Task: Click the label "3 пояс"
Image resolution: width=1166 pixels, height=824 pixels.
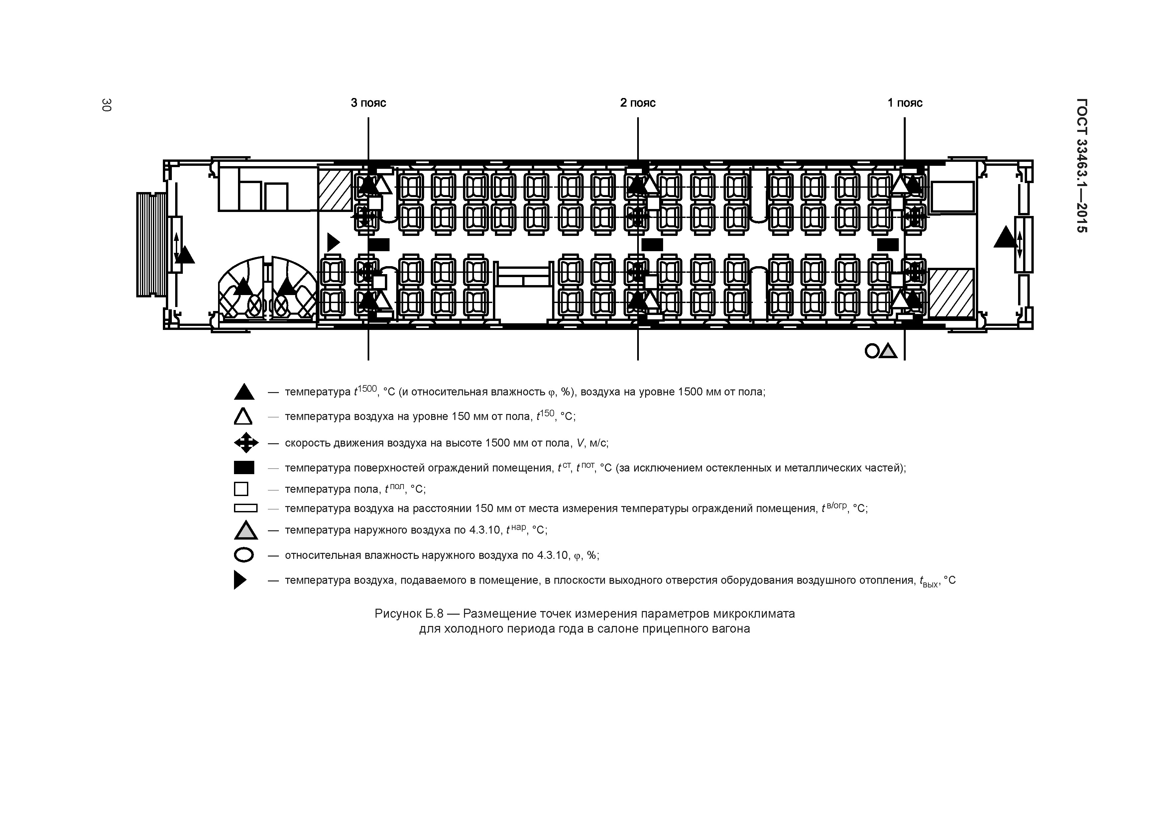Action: click(x=368, y=103)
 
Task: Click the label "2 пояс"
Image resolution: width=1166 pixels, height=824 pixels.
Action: click(x=638, y=103)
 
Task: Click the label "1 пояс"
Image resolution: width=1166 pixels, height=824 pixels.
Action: click(x=905, y=103)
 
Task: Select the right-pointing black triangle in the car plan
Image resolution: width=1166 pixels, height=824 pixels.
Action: click(x=333, y=242)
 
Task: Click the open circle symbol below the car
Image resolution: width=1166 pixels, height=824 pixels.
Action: click(x=872, y=351)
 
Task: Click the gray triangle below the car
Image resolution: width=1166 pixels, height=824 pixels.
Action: click(x=888, y=351)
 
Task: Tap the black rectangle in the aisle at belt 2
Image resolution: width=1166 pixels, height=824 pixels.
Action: click(x=652, y=245)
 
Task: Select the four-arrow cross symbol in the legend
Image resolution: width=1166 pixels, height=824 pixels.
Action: click(x=246, y=443)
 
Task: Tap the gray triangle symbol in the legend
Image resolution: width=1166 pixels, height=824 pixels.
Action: click(x=246, y=530)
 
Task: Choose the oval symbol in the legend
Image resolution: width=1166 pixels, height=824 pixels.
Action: click(x=244, y=555)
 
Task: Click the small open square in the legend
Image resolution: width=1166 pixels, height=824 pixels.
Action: click(x=241, y=489)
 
